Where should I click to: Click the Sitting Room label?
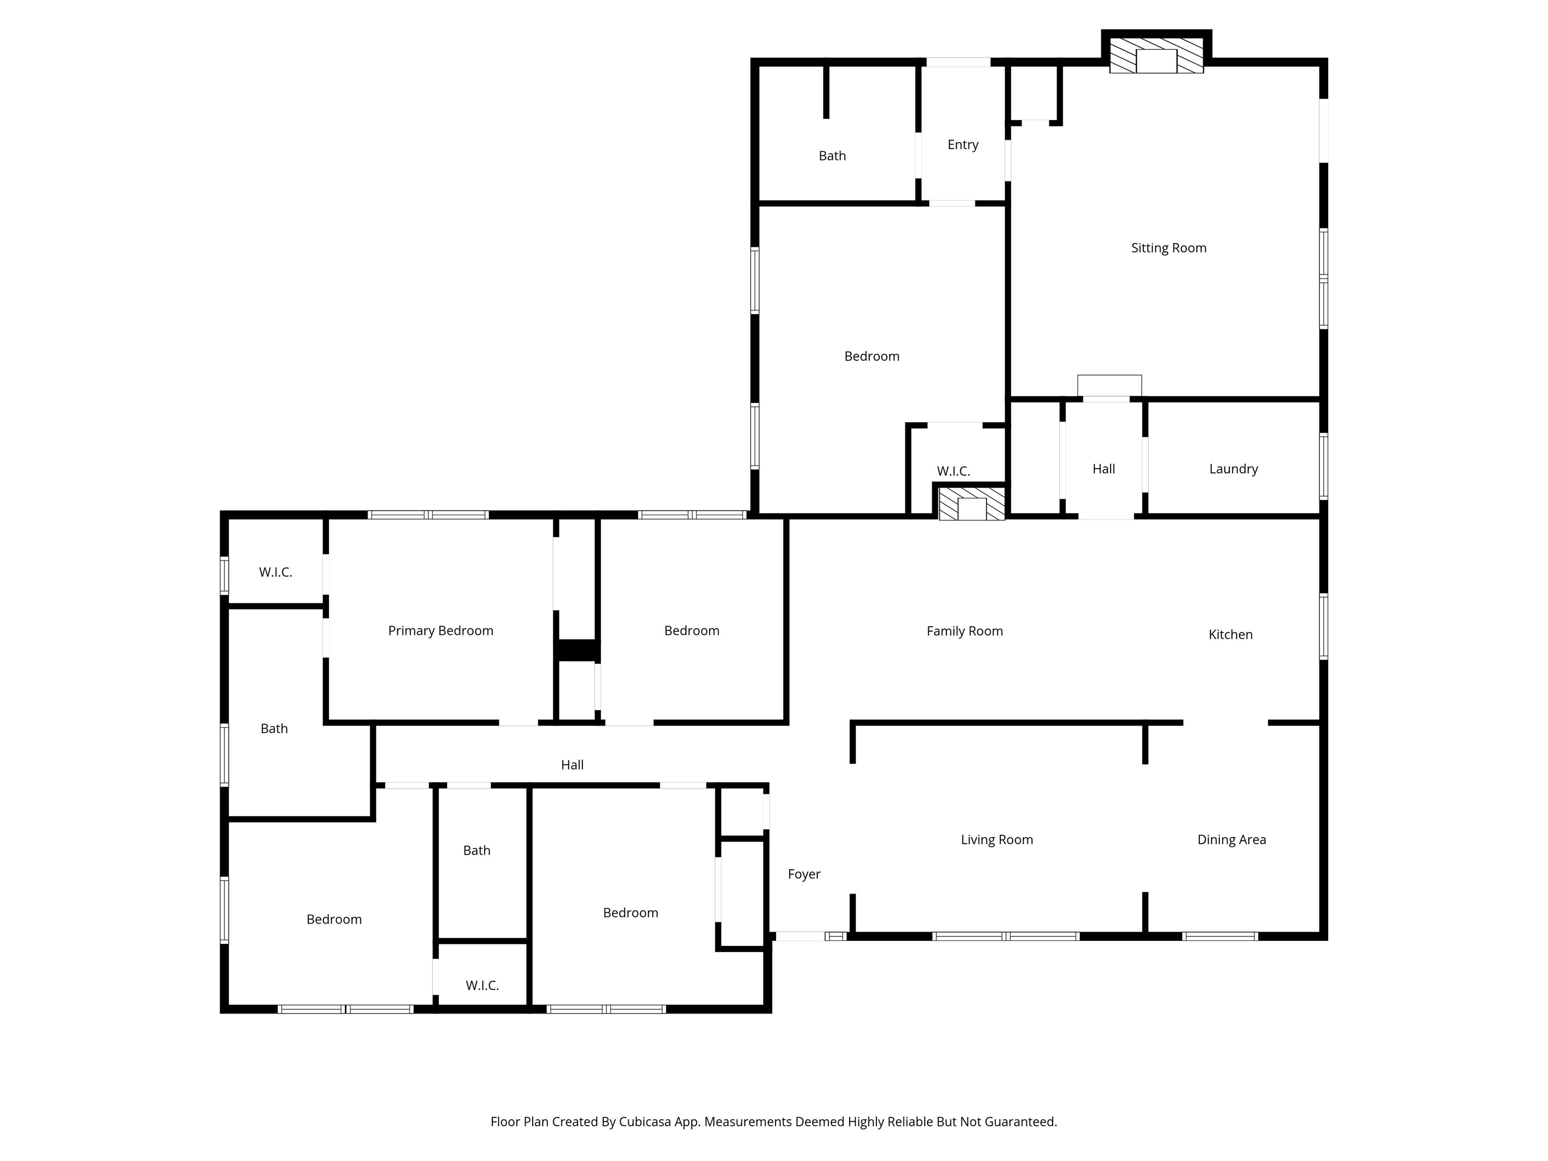pyautogui.click(x=1169, y=248)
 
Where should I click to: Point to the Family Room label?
pyautogui.click(x=964, y=631)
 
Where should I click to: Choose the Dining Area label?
pyautogui.click(x=1232, y=840)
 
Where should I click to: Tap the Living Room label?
pyautogui.click(x=997, y=840)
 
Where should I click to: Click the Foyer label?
pyautogui.click(x=804, y=874)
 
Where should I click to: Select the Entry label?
pyautogui.click(x=963, y=145)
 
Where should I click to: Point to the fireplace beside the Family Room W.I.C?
pyautogui.click(x=972, y=504)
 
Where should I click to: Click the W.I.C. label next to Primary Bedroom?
pyautogui.click(x=276, y=572)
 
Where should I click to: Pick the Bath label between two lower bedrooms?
pyautogui.click(x=477, y=851)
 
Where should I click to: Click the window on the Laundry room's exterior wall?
pyautogui.click(x=1323, y=467)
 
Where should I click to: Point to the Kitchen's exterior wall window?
pyautogui.click(x=1323, y=627)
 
